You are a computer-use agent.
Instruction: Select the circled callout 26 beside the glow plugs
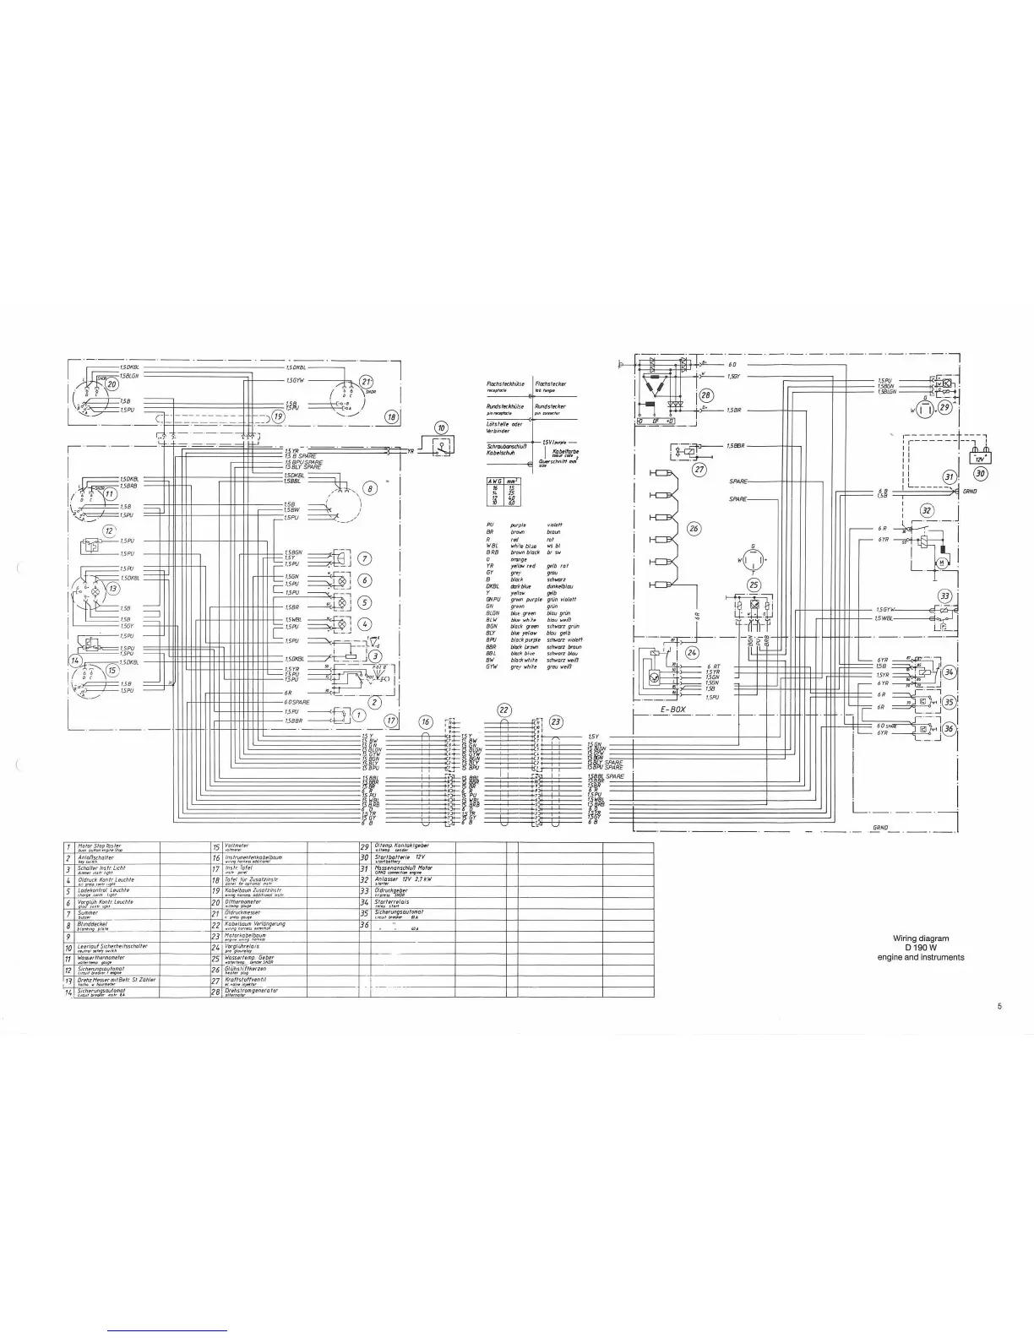(x=694, y=529)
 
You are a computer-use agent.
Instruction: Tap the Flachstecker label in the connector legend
(x=550, y=383)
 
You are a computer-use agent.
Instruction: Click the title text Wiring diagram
(x=921, y=938)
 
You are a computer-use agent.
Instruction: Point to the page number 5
(x=999, y=1006)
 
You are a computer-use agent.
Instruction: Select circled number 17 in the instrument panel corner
(x=391, y=721)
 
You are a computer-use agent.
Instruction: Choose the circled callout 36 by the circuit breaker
(x=950, y=729)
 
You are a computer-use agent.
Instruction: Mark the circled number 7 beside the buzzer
(x=364, y=558)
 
